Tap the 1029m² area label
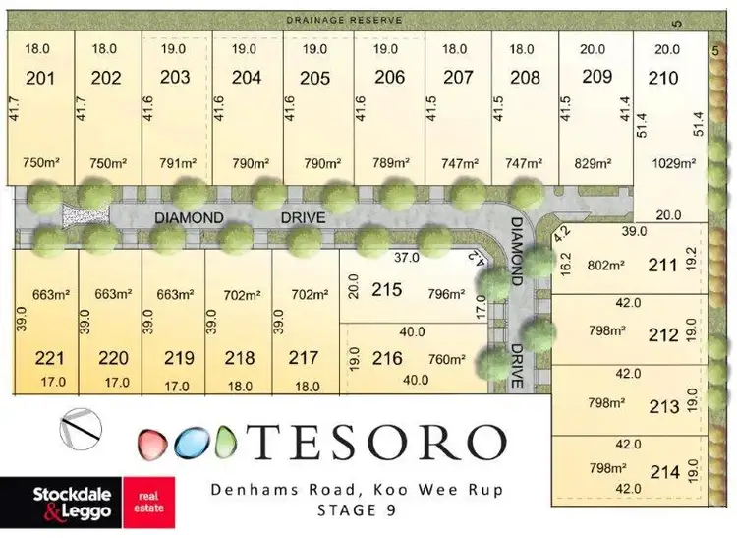[x=672, y=163]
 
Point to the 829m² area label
[x=593, y=163]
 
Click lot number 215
[x=387, y=291]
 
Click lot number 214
[x=665, y=472]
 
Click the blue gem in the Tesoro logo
[x=189, y=444]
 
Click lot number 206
[x=389, y=78]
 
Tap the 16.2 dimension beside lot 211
[x=565, y=265]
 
